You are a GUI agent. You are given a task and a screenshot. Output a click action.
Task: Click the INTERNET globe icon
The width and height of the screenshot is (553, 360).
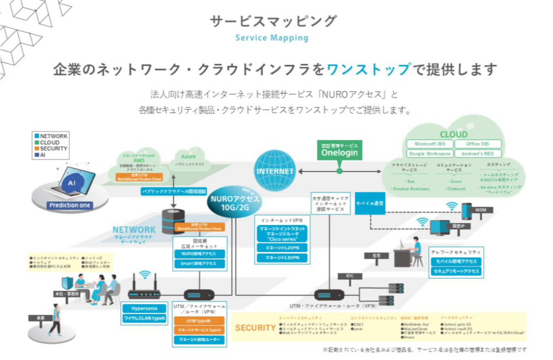click(275, 171)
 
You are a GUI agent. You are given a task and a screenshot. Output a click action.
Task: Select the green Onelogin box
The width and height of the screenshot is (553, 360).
click(340, 150)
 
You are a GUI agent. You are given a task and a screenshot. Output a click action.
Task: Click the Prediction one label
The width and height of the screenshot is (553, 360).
click(70, 205)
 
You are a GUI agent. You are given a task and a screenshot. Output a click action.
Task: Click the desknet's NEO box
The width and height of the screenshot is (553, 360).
click(477, 153)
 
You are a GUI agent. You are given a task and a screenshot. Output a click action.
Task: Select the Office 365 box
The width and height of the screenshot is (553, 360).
click(478, 144)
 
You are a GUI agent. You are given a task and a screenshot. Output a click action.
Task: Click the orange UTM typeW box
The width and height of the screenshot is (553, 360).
click(198, 321)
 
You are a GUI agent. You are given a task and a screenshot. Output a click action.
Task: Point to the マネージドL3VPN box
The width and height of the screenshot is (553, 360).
click(283, 258)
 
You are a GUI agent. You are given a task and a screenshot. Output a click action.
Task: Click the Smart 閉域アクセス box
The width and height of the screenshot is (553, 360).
click(198, 264)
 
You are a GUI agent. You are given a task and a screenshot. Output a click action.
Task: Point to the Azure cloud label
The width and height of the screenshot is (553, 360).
click(188, 157)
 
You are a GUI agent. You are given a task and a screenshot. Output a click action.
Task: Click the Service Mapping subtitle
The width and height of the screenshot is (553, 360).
click(272, 38)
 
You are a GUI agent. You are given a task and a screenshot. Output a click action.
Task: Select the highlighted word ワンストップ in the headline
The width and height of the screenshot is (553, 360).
click(368, 69)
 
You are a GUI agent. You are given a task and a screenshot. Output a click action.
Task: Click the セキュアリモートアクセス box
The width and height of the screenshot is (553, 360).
click(456, 271)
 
